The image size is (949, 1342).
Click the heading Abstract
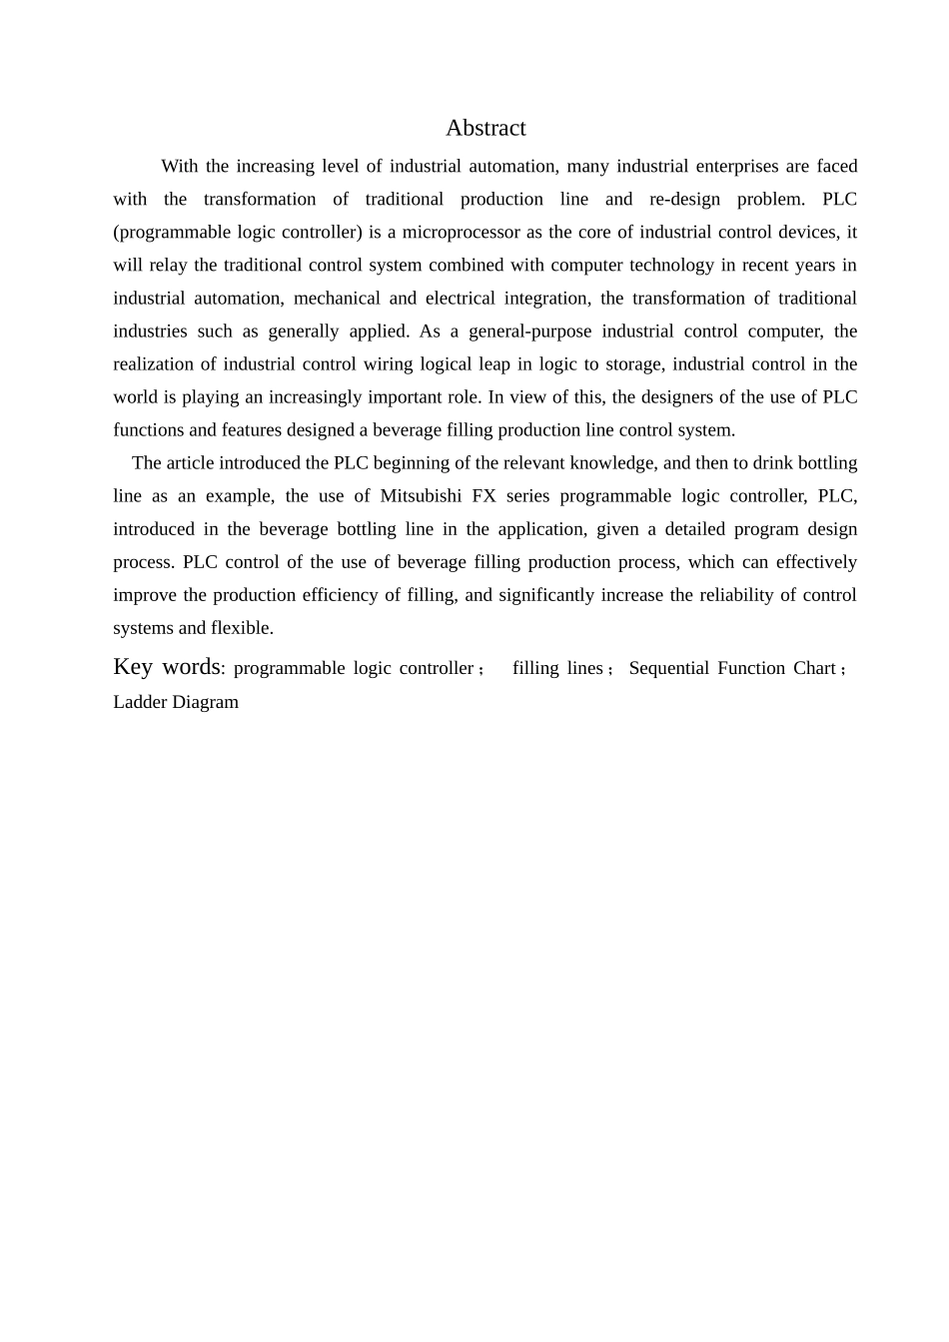tap(485, 128)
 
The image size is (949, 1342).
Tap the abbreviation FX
tap(483, 496)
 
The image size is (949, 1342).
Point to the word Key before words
tap(133, 667)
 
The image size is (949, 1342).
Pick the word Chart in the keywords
tap(814, 668)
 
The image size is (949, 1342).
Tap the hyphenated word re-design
tap(684, 200)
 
